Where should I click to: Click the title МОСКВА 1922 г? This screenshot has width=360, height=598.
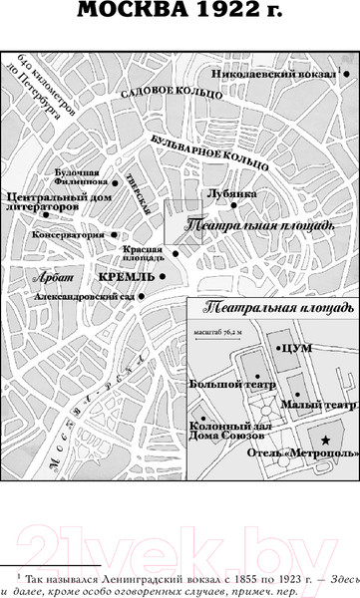coord(180,13)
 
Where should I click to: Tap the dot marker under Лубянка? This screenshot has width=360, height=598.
coord(234,205)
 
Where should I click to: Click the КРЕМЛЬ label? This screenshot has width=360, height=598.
coord(127,273)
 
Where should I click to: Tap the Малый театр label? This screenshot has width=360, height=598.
coord(323,406)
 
